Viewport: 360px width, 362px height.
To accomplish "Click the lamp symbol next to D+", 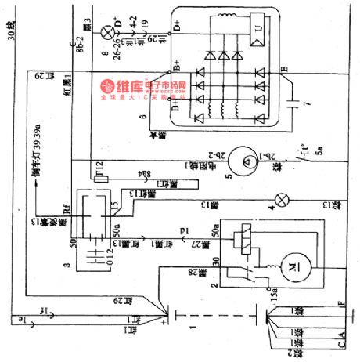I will pos(106,31).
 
